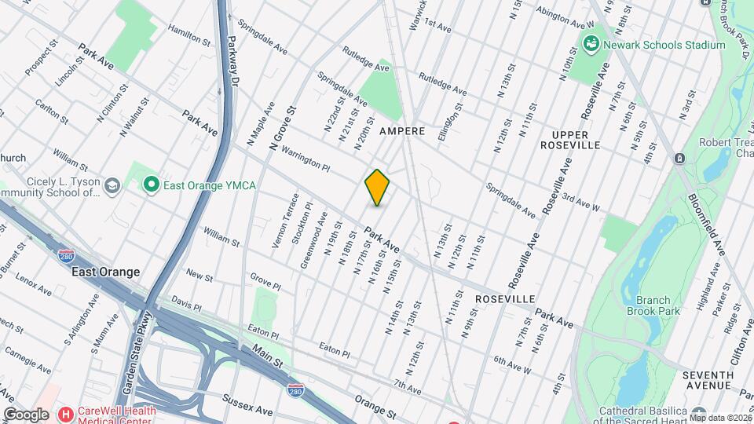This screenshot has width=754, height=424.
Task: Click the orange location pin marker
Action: coord(378,187)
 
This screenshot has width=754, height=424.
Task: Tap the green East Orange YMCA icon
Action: coord(151,185)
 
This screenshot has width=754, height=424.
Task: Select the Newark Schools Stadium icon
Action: coord(591,45)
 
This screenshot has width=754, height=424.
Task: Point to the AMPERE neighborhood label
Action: coord(403,131)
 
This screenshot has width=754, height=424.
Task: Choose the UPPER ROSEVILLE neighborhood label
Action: coord(571,139)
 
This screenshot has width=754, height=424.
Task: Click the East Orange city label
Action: coord(105,272)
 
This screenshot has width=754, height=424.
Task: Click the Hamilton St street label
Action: coord(188,37)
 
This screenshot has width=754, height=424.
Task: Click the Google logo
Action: coord(26,414)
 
